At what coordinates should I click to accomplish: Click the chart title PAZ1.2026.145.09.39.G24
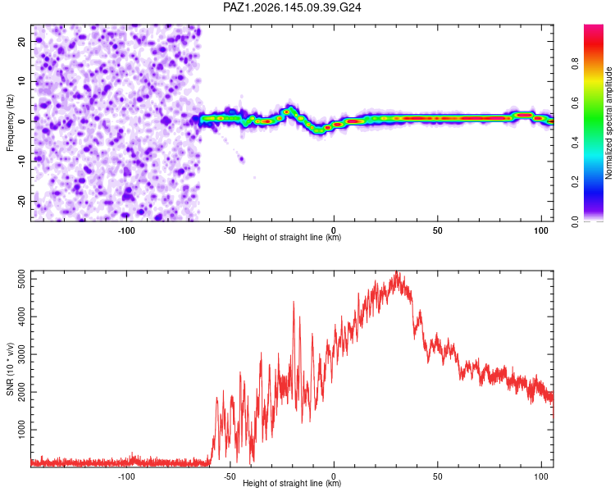292,7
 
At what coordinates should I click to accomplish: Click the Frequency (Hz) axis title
10,123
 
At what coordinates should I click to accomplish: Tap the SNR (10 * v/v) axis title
10,369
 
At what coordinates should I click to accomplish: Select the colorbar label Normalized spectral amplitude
608,123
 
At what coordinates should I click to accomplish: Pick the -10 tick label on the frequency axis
22,162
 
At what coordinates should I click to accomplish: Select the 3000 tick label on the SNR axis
22,354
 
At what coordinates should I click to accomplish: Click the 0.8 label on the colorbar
575,63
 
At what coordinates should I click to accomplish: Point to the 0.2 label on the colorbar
575,182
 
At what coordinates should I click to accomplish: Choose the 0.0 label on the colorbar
575,221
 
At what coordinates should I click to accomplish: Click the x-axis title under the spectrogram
292,237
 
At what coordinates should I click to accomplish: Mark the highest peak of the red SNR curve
397,271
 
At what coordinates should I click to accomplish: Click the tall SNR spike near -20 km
294,303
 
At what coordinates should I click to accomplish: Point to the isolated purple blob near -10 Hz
242,159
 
